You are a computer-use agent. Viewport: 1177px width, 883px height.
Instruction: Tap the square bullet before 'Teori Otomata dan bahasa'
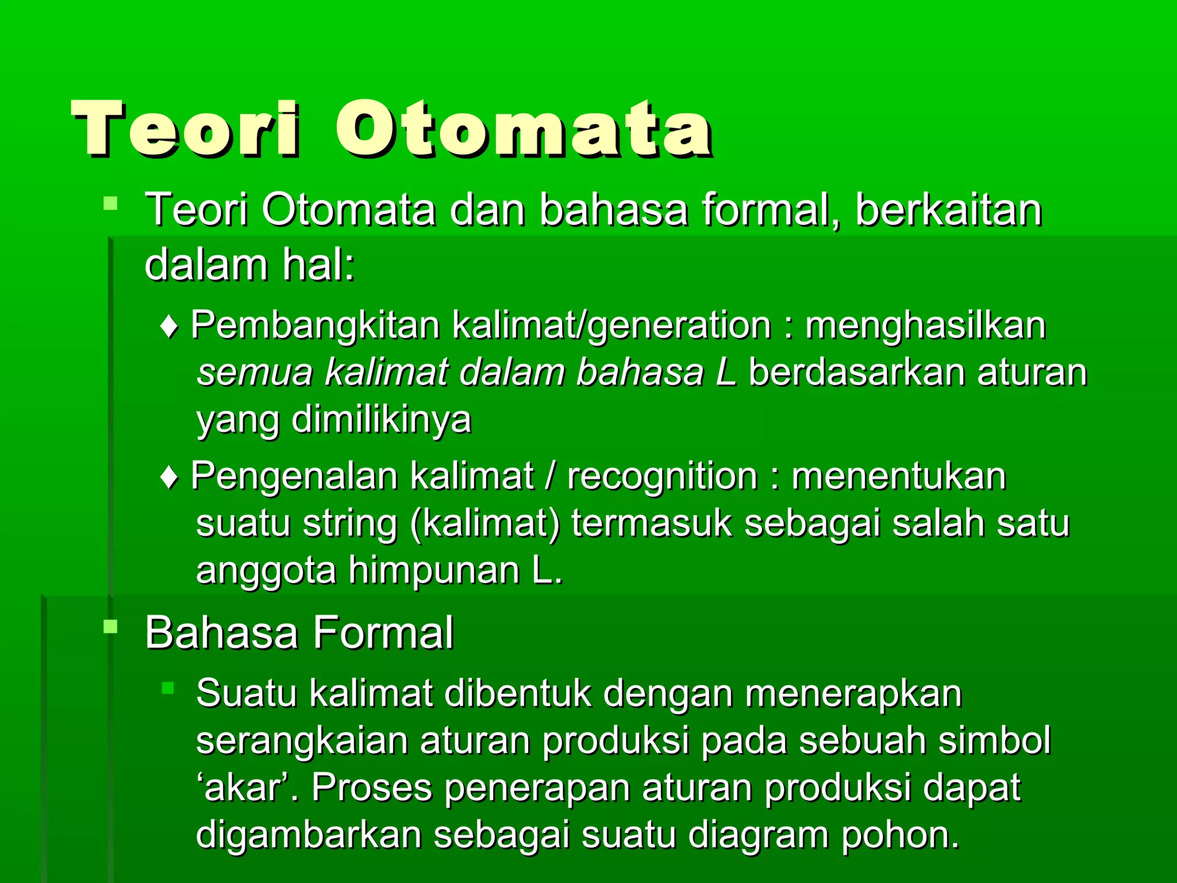(110, 203)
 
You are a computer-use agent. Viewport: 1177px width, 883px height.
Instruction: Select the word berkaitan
(948, 210)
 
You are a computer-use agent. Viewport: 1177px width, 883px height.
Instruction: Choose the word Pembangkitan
(315, 326)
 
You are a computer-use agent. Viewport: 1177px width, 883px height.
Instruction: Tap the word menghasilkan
(925, 326)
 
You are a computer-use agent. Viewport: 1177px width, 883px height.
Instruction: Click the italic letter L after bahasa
(726, 373)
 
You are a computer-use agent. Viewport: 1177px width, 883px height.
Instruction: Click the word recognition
(663, 477)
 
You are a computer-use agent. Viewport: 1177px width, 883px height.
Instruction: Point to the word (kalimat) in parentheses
(485, 524)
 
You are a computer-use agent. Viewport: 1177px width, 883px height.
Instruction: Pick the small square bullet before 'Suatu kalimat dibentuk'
(168, 688)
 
